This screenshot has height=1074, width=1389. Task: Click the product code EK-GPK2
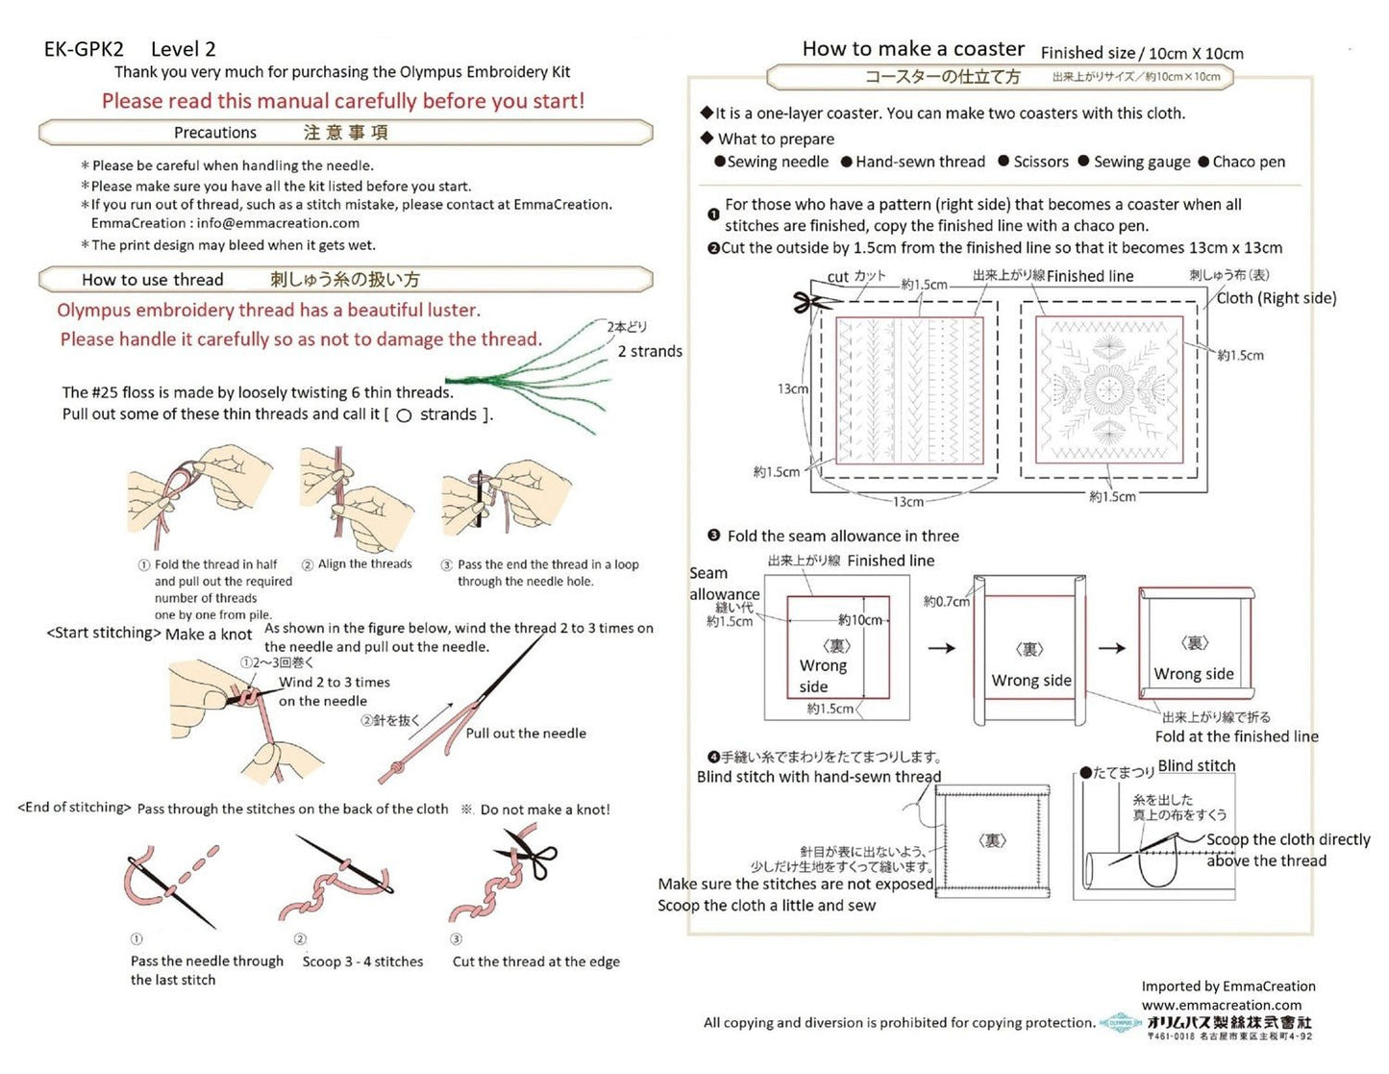(84, 49)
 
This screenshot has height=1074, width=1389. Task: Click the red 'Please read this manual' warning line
(343, 101)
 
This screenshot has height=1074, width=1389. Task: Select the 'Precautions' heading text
(215, 133)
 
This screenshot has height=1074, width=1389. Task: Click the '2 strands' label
(650, 351)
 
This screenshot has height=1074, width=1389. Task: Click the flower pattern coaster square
(1108, 388)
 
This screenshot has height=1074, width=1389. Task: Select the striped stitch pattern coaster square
(909, 388)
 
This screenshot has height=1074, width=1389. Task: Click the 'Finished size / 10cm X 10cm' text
(1141, 54)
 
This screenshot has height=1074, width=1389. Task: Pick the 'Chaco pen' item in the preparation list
(1248, 162)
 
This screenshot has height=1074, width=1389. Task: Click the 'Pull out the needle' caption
(526, 733)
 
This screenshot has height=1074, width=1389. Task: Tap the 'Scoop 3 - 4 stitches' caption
(362, 962)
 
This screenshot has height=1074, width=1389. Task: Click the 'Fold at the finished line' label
(1236, 737)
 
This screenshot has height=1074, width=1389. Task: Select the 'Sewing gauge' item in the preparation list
(1141, 162)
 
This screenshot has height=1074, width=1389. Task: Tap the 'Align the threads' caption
(364, 564)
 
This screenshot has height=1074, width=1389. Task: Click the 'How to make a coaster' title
(913, 49)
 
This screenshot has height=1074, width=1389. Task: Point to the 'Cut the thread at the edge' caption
(535, 962)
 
